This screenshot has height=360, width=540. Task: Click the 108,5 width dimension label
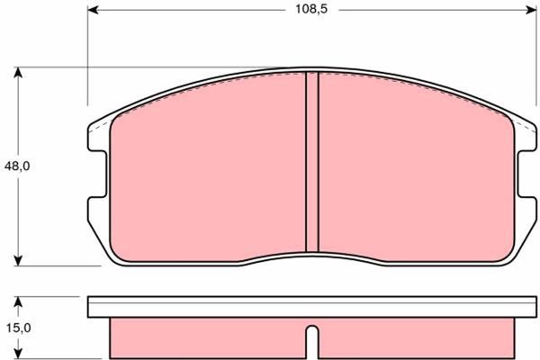pyautogui.click(x=311, y=9)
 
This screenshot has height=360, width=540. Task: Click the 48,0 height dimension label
pyautogui.click(x=17, y=166)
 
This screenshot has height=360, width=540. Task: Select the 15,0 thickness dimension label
pyautogui.click(x=19, y=328)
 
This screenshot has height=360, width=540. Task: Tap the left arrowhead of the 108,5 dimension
pyautogui.click(x=94, y=10)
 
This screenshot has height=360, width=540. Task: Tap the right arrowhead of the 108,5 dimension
pyautogui.click(x=530, y=10)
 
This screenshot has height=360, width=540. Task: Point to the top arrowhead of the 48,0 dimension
pyautogui.click(x=18, y=73)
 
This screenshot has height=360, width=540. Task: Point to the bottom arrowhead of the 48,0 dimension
pyautogui.click(x=18, y=260)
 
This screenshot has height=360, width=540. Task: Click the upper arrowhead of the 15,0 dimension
pyautogui.click(x=18, y=302)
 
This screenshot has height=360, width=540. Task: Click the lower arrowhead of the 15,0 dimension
pyautogui.click(x=18, y=354)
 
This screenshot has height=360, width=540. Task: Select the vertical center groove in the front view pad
pyautogui.click(x=312, y=162)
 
